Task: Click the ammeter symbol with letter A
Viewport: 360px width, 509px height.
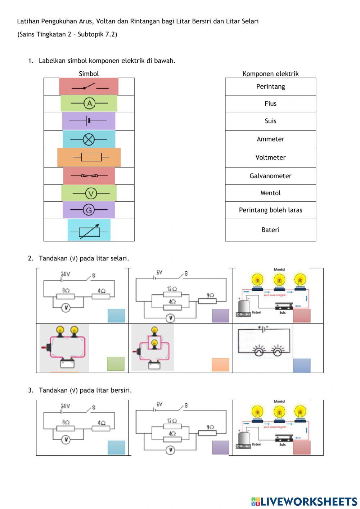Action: click(x=89, y=103)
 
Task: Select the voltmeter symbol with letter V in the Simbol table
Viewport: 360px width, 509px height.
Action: click(x=91, y=193)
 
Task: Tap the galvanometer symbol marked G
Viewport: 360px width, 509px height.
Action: click(x=89, y=210)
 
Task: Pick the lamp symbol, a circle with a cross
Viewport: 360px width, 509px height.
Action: click(x=89, y=139)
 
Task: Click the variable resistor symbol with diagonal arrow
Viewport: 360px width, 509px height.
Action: click(x=89, y=230)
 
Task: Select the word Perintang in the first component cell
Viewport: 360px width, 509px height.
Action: click(x=270, y=86)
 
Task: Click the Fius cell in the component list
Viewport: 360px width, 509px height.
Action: click(x=270, y=104)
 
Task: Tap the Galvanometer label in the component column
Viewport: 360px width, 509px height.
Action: click(x=270, y=176)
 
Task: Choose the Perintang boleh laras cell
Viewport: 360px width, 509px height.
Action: click(x=270, y=210)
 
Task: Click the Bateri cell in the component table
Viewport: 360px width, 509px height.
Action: click(x=270, y=230)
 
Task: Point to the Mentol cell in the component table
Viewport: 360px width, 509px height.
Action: click(x=270, y=193)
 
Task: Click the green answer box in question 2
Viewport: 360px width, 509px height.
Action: click(x=116, y=364)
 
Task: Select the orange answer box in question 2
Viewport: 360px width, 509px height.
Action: click(x=220, y=365)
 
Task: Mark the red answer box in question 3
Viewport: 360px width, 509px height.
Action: click(x=302, y=447)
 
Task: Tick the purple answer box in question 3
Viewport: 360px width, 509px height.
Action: click(x=220, y=447)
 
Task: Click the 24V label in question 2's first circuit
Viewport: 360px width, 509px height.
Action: click(x=65, y=274)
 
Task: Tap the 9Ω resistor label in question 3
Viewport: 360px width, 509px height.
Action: click(x=210, y=427)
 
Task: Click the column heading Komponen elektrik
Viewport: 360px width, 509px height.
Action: click(x=270, y=73)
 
